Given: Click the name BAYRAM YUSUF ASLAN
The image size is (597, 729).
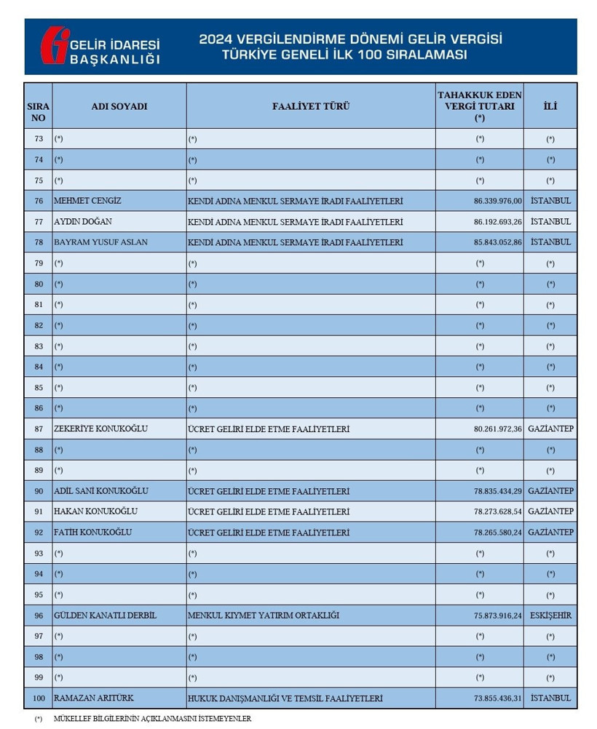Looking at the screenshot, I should pyautogui.click(x=100, y=242).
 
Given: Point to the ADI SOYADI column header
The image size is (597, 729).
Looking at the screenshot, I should pyautogui.click(x=119, y=106).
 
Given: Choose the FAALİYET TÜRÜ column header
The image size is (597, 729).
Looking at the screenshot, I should pyautogui.click(x=311, y=106).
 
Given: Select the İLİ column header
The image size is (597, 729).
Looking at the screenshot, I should pyautogui.click(x=550, y=106).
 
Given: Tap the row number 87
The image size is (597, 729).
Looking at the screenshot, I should pyautogui.click(x=39, y=429).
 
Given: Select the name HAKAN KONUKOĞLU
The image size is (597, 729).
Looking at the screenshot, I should pyautogui.click(x=95, y=511).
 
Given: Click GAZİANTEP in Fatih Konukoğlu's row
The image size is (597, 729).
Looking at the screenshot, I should pyautogui.click(x=550, y=533).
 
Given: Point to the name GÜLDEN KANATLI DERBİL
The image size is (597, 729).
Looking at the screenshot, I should pyautogui.click(x=105, y=616).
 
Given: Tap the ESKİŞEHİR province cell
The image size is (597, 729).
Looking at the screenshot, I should pyautogui.click(x=550, y=616).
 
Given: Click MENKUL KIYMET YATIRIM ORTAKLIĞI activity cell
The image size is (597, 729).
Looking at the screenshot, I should pyautogui.click(x=263, y=616).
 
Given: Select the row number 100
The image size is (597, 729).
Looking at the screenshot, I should pyautogui.click(x=39, y=698).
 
